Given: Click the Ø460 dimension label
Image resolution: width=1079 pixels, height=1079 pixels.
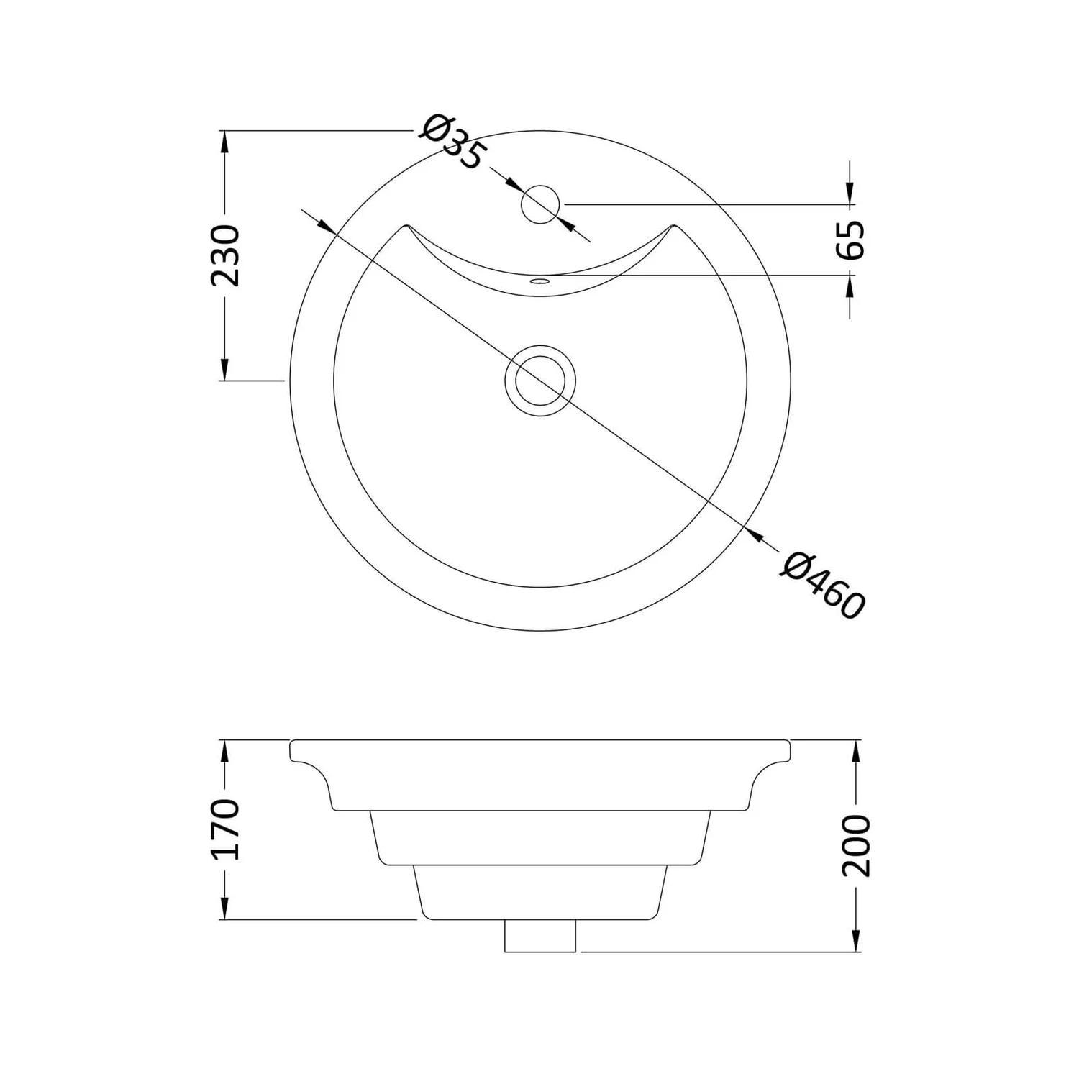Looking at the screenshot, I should (x=822, y=584).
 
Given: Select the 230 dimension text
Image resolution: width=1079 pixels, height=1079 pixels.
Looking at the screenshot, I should (x=225, y=255).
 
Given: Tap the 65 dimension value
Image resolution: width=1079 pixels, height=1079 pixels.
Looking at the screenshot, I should (x=851, y=239).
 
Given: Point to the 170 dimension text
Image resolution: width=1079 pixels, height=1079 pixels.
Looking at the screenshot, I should (x=225, y=829).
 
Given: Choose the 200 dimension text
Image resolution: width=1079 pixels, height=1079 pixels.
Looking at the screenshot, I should (x=856, y=845).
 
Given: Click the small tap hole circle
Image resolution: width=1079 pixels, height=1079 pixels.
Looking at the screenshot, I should (x=540, y=204).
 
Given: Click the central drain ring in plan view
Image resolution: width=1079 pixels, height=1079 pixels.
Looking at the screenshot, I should (x=540, y=380).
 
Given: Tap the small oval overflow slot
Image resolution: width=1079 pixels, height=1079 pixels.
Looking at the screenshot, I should (x=539, y=281).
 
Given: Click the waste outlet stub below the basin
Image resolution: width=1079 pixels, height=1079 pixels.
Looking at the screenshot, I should (x=541, y=936).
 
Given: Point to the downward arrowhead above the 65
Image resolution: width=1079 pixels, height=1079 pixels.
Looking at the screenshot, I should (x=851, y=192).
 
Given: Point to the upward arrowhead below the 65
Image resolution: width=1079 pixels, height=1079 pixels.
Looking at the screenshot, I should (x=851, y=287).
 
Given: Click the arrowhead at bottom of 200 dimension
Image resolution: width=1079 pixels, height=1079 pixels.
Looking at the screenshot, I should (x=856, y=941).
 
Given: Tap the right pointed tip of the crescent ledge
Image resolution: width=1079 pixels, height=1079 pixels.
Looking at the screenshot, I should (x=675, y=225).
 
